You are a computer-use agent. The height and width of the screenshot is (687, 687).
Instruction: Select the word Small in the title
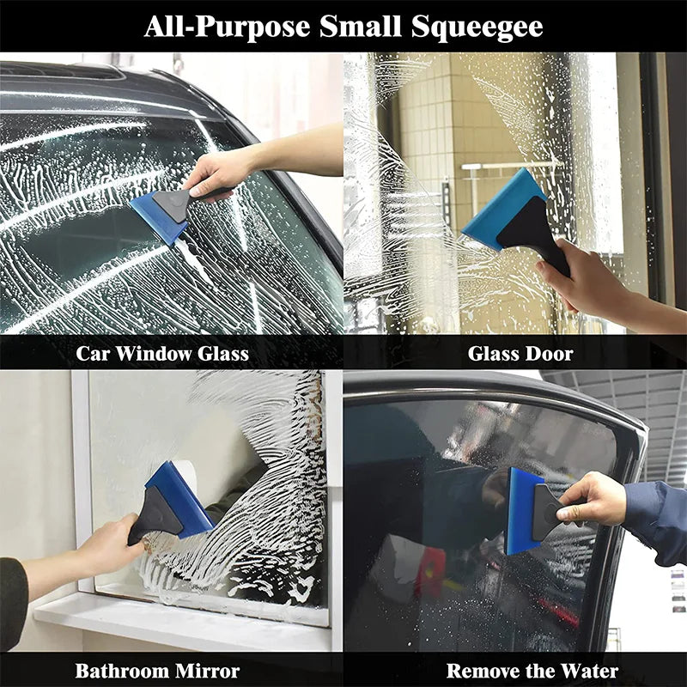[x=356, y=27]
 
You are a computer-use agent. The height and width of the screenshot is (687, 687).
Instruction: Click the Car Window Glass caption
[x=162, y=353]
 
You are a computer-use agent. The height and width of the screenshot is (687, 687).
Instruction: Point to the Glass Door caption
[x=520, y=353]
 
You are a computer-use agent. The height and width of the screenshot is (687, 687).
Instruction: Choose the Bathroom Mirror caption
[x=157, y=671]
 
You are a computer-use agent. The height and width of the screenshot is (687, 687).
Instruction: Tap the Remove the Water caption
[x=532, y=671]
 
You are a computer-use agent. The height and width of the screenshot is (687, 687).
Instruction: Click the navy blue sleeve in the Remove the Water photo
[x=657, y=520]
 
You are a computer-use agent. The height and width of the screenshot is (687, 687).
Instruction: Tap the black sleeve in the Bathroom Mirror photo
[x=12, y=601]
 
